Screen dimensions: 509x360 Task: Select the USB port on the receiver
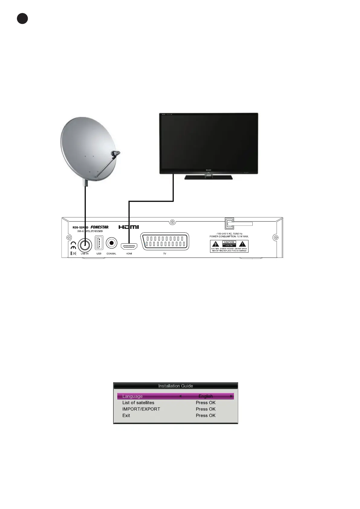pyautogui.click(x=99, y=242)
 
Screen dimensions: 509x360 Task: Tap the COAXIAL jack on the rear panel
pyautogui.click(x=112, y=243)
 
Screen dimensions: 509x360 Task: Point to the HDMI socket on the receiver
pyautogui.click(x=129, y=246)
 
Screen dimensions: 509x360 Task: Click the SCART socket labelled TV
pyautogui.click(x=165, y=241)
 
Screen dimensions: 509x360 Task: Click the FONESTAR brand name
pyautogui.click(x=99, y=227)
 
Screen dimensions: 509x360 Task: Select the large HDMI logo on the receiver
pyautogui.click(x=129, y=227)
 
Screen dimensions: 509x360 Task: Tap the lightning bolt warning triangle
pyautogui.click(x=216, y=244)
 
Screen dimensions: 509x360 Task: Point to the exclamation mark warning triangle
pyautogui.click(x=243, y=244)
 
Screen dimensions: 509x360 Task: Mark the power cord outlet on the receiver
pyautogui.click(x=229, y=224)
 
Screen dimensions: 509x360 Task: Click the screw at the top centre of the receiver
pyautogui.click(x=172, y=222)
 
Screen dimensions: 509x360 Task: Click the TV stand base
pyautogui.click(x=209, y=177)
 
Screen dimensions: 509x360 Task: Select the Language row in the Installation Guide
pyautogui.click(x=175, y=396)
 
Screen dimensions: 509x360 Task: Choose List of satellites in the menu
pyautogui.click(x=138, y=403)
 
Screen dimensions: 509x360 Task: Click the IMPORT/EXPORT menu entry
pyautogui.click(x=141, y=409)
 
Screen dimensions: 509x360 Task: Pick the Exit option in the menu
pyautogui.click(x=126, y=415)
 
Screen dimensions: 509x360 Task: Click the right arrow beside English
pyautogui.click(x=232, y=396)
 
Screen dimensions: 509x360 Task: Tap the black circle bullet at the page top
pyautogui.click(x=22, y=19)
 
